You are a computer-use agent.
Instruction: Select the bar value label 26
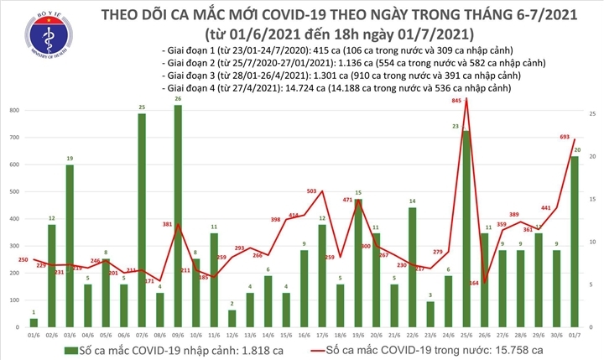click(178, 99)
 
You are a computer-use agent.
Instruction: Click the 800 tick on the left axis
click(14, 111)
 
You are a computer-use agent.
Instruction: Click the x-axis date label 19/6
click(358, 333)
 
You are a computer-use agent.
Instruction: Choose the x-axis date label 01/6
click(33, 333)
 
